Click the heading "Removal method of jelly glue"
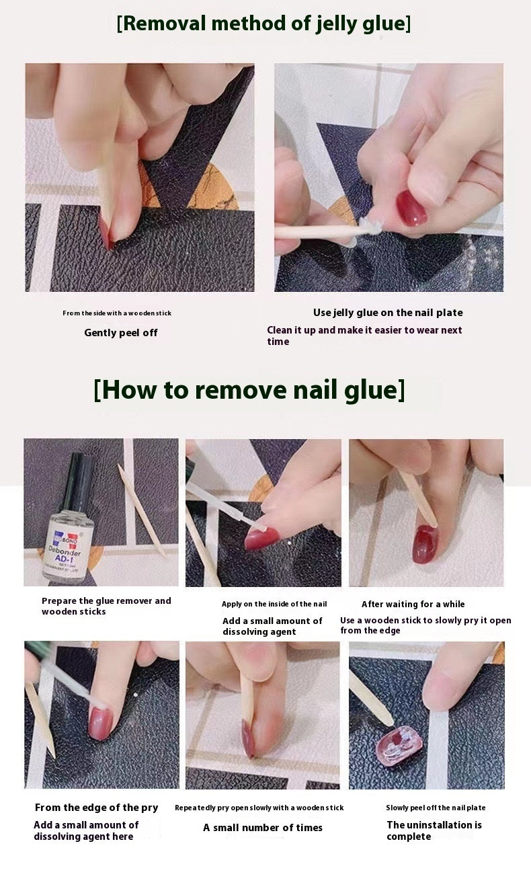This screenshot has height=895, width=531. click(x=263, y=24)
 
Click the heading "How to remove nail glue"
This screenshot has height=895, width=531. click(x=249, y=390)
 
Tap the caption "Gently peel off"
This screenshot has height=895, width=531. click(x=121, y=333)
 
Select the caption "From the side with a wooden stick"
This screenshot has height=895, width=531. click(x=117, y=313)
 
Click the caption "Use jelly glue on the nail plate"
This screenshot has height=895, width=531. click(x=388, y=313)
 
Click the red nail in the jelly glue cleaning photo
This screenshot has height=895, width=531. click(x=411, y=208)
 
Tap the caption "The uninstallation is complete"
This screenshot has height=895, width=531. click(x=434, y=830)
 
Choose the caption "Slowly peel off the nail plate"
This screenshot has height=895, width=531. click(x=436, y=808)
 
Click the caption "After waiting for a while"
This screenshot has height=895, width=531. click(x=413, y=605)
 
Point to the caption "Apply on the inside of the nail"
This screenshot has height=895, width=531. click(x=274, y=605)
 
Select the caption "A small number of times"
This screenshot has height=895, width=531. click(x=263, y=828)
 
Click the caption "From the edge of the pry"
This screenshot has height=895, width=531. click(x=97, y=808)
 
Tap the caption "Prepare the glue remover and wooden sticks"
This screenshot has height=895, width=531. click(x=106, y=606)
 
